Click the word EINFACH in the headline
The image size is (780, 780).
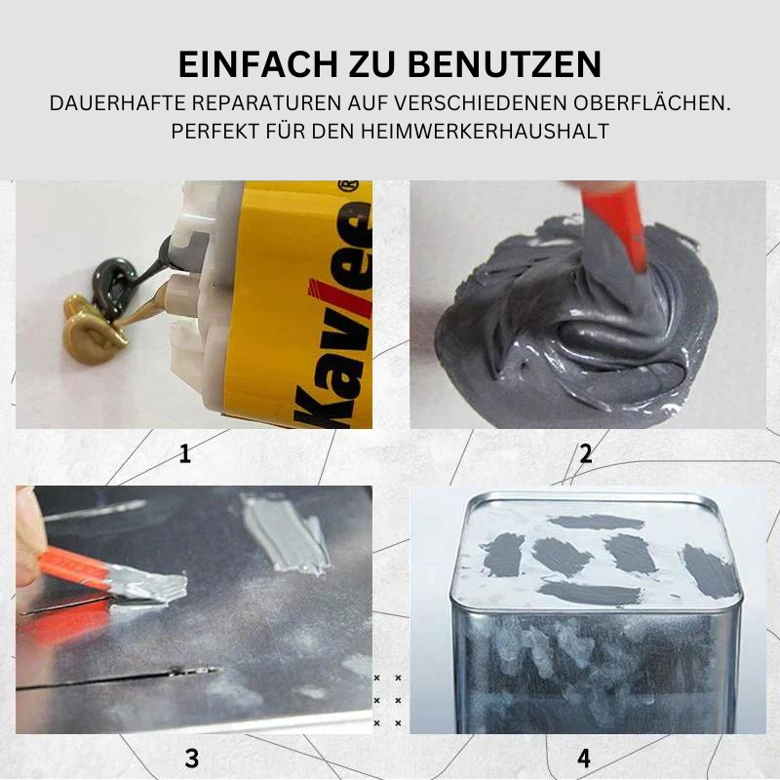coord(258,63)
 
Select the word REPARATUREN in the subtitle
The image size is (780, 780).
coord(266,103)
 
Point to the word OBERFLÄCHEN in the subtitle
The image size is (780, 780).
coord(651,103)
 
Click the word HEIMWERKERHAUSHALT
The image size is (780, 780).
coord(485,132)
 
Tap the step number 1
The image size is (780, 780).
coord(185,453)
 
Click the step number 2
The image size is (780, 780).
coord(586,453)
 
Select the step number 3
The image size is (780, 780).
coord(192,759)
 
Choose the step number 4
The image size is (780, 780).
coord(584,759)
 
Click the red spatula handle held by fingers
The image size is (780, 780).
coord(75,568)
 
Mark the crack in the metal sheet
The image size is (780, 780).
coord(118,678)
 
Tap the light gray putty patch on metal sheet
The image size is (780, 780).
coord(285,532)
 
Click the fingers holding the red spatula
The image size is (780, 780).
coord(28,537)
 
